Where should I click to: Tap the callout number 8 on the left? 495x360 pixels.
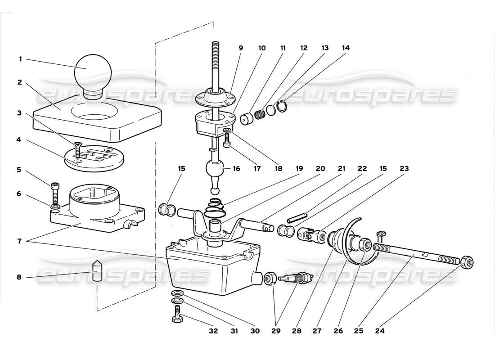point(19,278)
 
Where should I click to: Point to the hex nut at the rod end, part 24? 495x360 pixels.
point(466,261)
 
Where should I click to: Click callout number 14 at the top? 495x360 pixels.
point(345,48)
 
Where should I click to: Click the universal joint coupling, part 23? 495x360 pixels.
point(313,235)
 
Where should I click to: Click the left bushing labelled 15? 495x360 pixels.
point(167,210)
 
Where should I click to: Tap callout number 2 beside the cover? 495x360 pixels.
point(19,82)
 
